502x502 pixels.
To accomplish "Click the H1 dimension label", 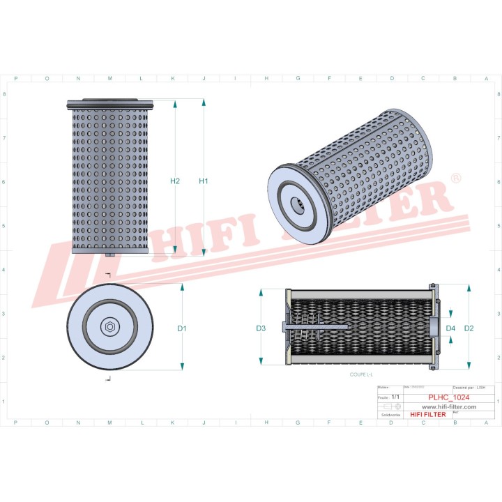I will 204,181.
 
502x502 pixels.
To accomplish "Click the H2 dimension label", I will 175,181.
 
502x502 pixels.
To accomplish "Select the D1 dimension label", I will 182,328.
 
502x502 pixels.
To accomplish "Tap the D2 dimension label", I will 469,328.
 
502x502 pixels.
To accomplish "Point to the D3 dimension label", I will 261,328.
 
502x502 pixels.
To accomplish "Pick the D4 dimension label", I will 450,328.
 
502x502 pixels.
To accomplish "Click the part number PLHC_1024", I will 449,397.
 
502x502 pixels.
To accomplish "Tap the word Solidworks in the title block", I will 390,414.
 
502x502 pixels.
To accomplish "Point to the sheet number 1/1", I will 396,396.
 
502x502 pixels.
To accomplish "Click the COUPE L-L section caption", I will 363,374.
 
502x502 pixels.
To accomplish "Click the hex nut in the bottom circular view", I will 109,327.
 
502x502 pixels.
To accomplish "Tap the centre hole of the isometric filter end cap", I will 298,205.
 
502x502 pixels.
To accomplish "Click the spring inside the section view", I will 301,327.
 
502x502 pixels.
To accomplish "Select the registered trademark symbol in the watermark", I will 456,179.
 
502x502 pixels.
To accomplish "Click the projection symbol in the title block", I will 390,406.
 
